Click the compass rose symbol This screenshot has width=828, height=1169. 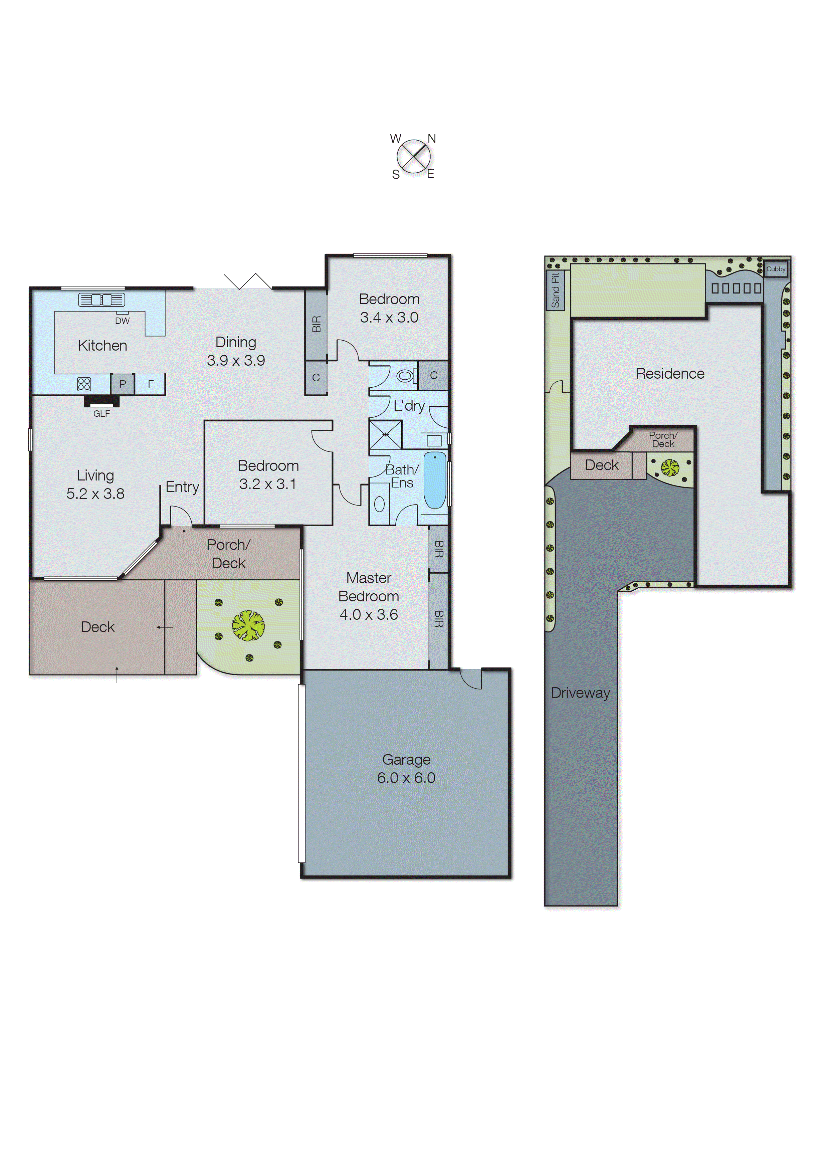point(413,156)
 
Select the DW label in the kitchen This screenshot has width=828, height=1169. point(123,321)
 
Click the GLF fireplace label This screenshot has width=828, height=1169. point(101,413)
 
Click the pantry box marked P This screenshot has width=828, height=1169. point(123,384)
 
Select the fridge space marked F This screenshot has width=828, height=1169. point(151,384)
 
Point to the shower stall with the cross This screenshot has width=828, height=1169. point(385,434)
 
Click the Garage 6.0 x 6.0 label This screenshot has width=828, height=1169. point(406,768)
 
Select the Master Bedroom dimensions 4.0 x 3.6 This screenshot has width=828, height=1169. point(369,614)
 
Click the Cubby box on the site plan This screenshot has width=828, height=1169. point(776,269)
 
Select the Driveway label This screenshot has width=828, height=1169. point(580,693)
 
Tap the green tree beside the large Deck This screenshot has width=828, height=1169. point(248,625)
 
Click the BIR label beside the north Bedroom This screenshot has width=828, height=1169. point(316,324)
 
